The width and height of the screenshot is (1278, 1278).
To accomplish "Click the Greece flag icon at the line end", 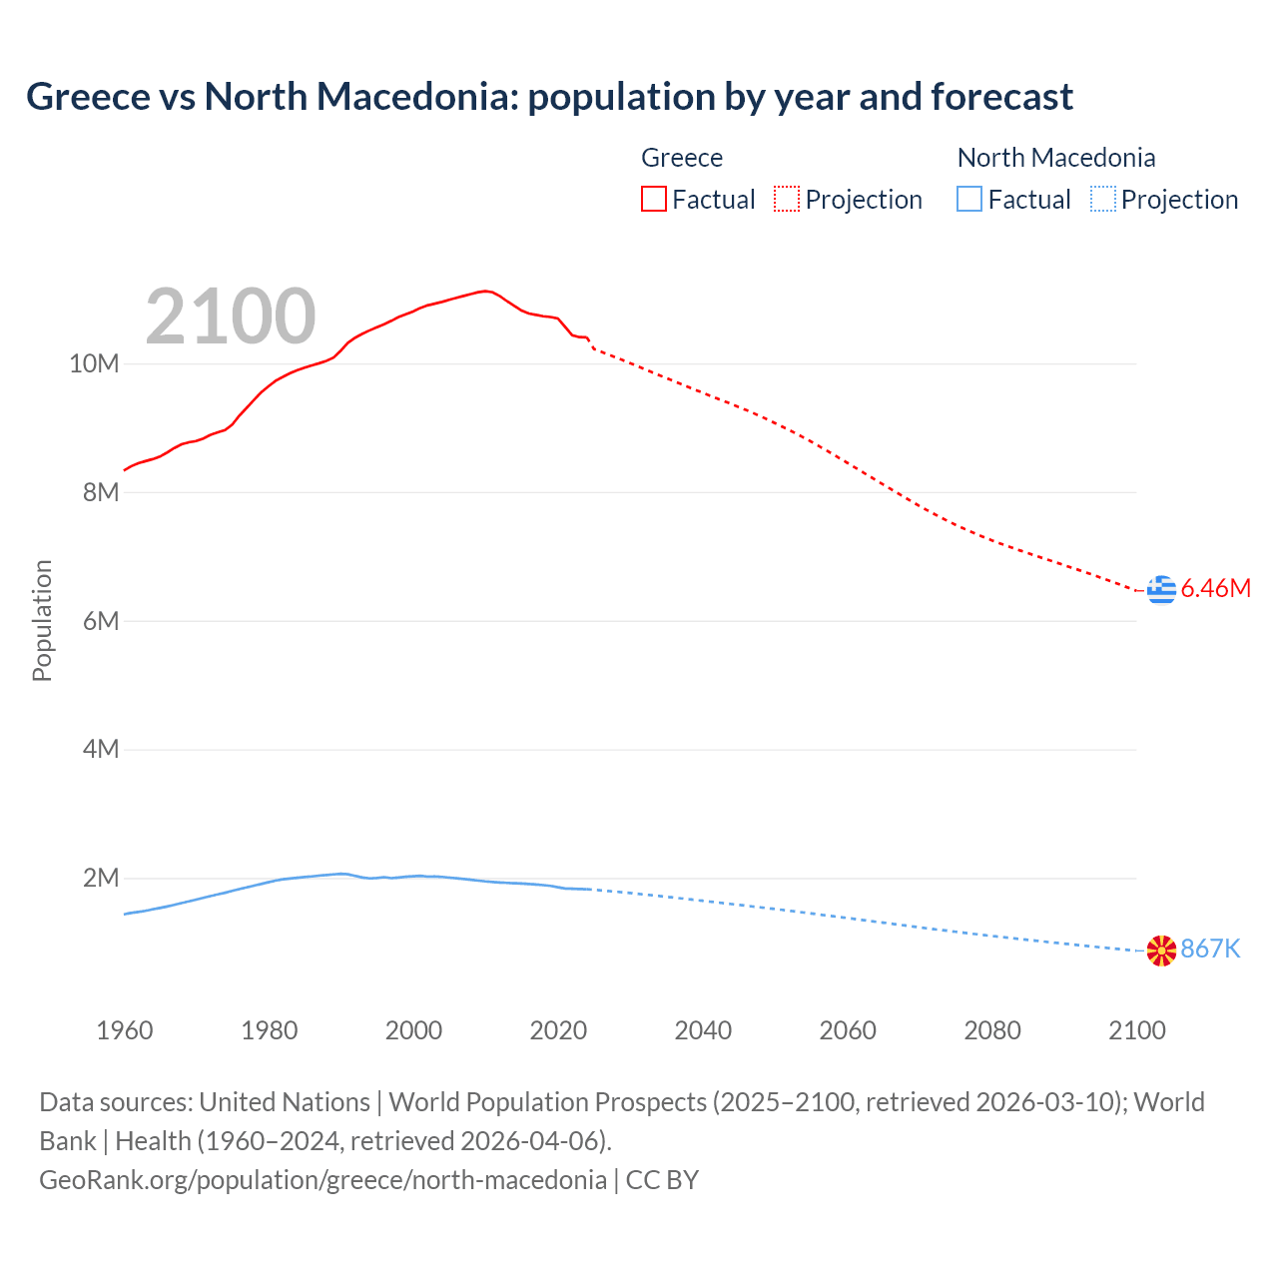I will pyautogui.click(x=1161, y=590).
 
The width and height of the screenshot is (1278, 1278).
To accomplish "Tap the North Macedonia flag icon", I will pyautogui.click(x=1161, y=951).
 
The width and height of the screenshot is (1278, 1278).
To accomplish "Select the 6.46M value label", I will pyautogui.click(x=1215, y=589).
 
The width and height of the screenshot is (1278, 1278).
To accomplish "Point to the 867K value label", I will pyautogui.click(x=1210, y=950).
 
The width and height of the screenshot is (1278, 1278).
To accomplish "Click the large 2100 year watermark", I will pyautogui.click(x=231, y=317).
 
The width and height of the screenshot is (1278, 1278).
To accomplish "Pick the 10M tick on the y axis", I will pyautogui.click(x=94, y=364).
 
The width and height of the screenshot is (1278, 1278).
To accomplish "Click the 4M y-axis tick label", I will pyautogui.click(x=101, y=750).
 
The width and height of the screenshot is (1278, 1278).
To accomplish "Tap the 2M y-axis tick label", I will pyautogui.click(x=101, y=879).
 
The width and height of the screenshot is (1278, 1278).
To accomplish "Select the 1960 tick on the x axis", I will pyautogui.click(x=125, y=1030).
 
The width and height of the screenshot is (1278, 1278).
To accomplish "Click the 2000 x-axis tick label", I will pyautogui.click(x=413, y=1030).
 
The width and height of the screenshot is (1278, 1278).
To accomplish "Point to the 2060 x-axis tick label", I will pyautogui.click(x=848, y=1030).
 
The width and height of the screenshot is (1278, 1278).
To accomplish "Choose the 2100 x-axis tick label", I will pyautogui.click(x=1137, y=1030).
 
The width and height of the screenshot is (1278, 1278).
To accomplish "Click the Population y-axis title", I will pyautogui.click(x=42, y=621).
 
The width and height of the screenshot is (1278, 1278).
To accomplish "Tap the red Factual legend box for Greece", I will pyautogui.click(x=654, y=200).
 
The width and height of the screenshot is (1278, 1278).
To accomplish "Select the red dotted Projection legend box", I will pyautogui.click(x=787, y=200).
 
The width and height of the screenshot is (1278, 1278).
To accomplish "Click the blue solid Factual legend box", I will pyautogui.click(x=969, y=200).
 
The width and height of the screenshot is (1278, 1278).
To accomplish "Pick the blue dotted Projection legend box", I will pyautogui.click(x=1103, y=200).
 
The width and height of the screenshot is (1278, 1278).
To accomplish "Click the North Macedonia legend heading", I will pyautogui.click(x=1056, y=158).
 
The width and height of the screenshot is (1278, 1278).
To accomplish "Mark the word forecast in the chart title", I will pyautogui.click(x=1001, y=97).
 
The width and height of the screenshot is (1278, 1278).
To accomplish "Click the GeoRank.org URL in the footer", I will pyautogui.click(x=322, y=1180).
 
